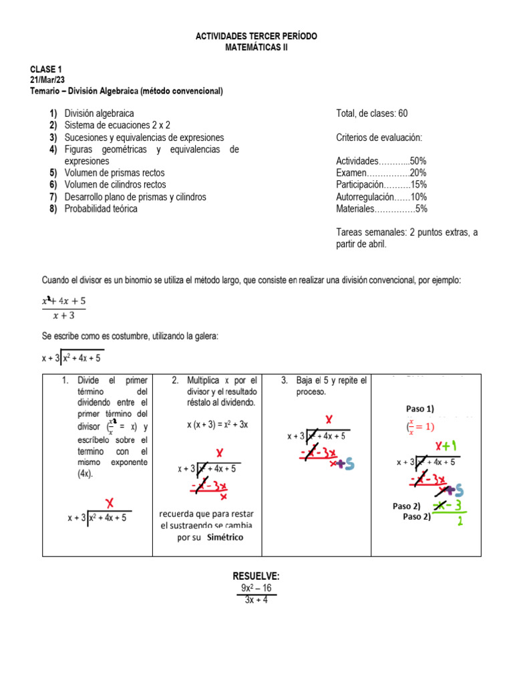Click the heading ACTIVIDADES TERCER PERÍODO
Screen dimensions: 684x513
click(x=256, y=36)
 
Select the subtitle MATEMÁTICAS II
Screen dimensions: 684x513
click(x=256, y=47)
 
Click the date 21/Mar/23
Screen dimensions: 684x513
click(x=47, y=80)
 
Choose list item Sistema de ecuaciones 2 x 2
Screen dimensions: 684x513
click(x=117, y=125)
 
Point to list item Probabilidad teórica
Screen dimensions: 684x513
click(x=101, y=208)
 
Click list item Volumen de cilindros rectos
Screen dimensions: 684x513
click(x=115, y=184)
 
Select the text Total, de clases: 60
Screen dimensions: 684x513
click(x=372, y=114)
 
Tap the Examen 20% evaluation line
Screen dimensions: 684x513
click(x=381, y=172)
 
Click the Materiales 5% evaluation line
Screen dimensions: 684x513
click(x=381, y=208)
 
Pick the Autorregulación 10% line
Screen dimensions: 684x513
click(x=381, y=196)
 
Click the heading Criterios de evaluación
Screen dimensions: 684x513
click(x=379, y=138)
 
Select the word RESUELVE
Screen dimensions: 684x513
click(x=256, y=576)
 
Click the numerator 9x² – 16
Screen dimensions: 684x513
click(x=256, y=588)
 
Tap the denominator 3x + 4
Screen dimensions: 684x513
click(x=256, y=599)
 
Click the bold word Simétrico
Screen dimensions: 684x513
click(x=225, y=537)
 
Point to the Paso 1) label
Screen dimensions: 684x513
click(x=420, y=409)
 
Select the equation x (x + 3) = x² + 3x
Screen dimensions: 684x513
click(x=217, y=425)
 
